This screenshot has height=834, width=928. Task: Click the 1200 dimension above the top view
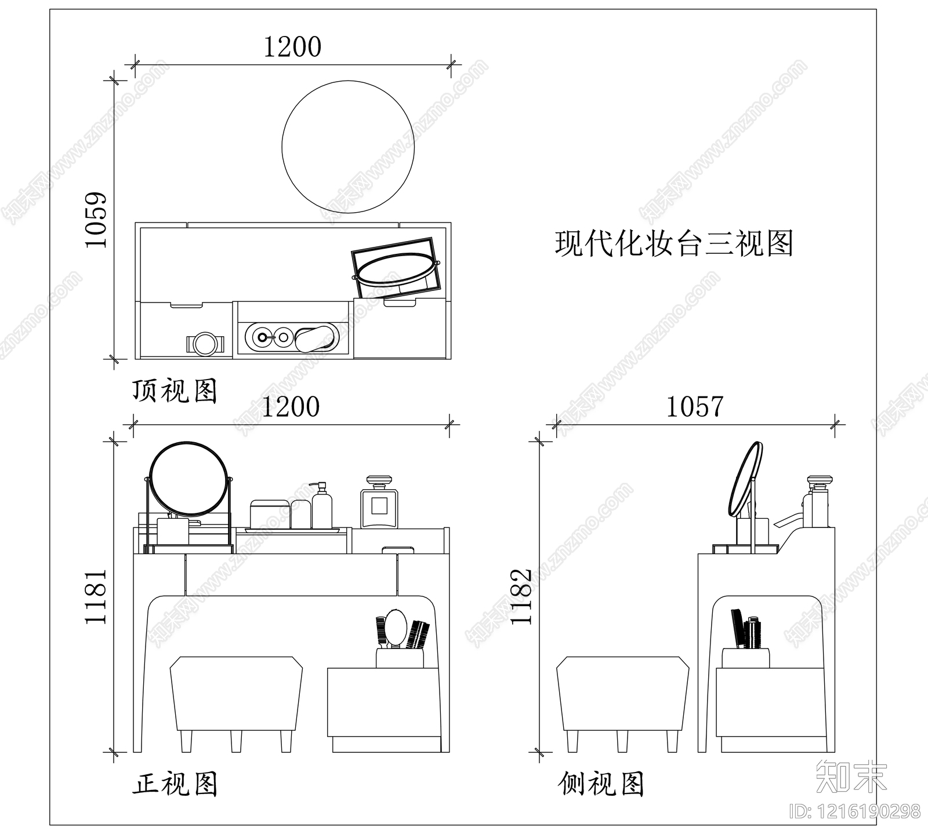[x=292, y=48]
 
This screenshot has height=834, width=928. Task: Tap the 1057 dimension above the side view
[x=694, y=407]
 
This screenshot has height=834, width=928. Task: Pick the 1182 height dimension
[x=521, y=596]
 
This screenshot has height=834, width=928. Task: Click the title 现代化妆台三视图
[x=674, y=243]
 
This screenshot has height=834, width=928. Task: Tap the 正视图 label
[x=175, y=785]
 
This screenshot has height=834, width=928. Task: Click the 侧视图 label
[x=601, y=785]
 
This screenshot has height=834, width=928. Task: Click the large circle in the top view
[x=348, y=147]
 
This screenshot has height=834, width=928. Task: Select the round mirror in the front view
[x=188, y=479]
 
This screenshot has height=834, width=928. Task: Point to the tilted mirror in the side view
[x=744, y=479]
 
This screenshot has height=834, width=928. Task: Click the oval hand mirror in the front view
[x=396, y=627]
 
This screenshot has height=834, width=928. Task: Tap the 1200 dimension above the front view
[x=291, y=407]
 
